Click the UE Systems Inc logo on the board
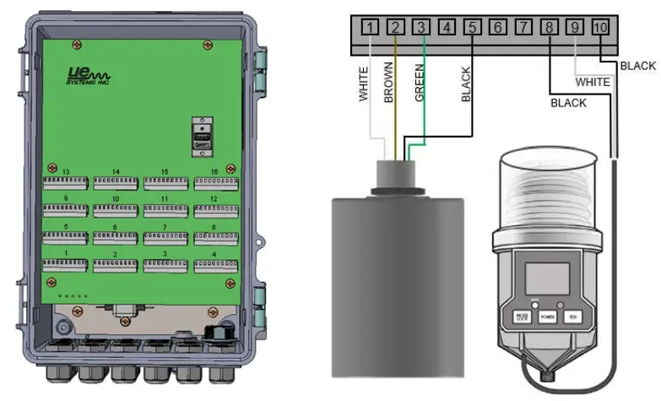[86, 78]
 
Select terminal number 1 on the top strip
[370, 28]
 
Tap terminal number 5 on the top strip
[472, 28]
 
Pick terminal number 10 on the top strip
[600, 28]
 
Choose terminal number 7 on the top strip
[523, 28]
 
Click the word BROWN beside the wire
[389, 83]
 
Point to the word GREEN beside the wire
[420, 83]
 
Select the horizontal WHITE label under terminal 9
[593, 82]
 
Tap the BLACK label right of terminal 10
[637, 65]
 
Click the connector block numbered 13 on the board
[65, 183]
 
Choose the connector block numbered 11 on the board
[165, 210]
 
